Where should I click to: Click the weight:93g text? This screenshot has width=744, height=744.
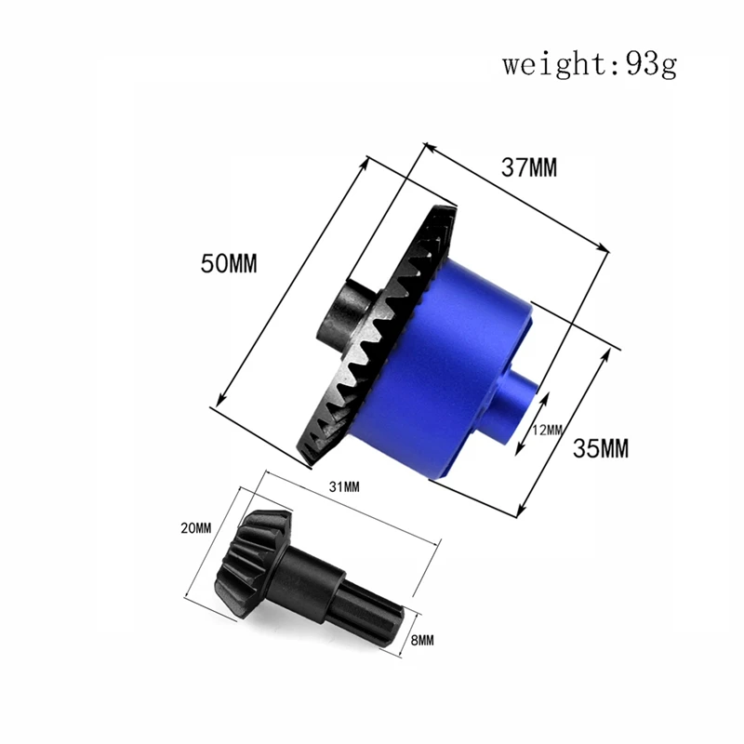(x=590, y=65)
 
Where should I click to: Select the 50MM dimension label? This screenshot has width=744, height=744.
(x=228, y=263)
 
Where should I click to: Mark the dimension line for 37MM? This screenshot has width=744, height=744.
(x=517, y=194)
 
